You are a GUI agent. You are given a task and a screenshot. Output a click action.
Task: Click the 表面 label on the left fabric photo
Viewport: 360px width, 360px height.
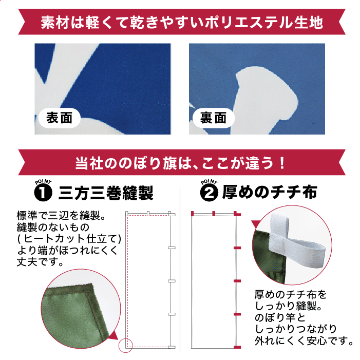[x=60, y=118]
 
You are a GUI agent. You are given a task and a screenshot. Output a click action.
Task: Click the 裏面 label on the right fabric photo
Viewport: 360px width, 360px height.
[x=213, y=118]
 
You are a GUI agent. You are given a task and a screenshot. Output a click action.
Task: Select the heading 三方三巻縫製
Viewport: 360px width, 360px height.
[x=106, y=193]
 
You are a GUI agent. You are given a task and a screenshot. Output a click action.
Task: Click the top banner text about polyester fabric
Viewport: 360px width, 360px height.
[x=182, y=23]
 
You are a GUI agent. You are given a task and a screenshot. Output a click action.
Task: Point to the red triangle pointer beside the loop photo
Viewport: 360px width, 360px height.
[x=256, y=225]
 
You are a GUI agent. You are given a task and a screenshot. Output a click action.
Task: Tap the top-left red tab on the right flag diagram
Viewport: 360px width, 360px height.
[x=192, y=213]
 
